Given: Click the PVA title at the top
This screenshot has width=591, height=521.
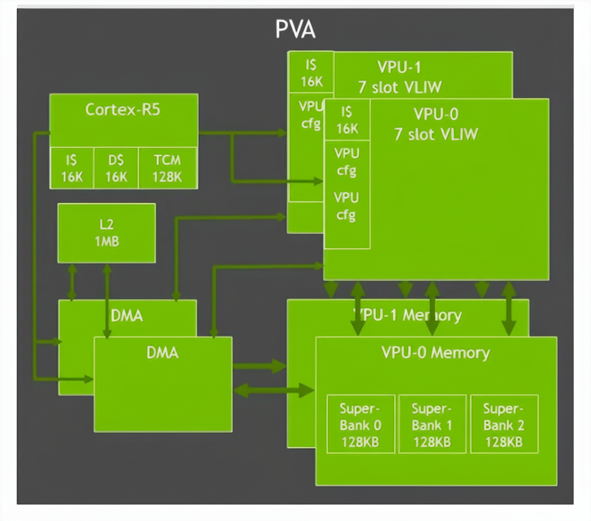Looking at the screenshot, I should (x=295, y=29).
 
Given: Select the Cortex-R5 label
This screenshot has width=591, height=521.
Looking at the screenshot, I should (x=123, y=110).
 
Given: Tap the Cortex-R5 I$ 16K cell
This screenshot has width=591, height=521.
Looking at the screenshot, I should (x=72, y=168).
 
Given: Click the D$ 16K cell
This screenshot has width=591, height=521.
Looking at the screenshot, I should (x=116, y=168).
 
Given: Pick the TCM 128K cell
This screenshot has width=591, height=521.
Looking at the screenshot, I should (x=167, y=168).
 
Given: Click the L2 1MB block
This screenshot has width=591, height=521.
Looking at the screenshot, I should (x=106, y=233).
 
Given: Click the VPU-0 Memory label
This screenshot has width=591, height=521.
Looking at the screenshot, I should (x=436, y=353).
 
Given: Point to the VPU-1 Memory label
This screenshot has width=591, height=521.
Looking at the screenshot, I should (x=407, y=315).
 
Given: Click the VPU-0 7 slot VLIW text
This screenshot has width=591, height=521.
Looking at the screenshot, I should (x=436, y=124).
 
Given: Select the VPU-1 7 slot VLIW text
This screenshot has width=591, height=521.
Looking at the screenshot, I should (x=400, y=77).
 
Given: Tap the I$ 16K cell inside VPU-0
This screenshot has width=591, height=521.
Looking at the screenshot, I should (x=347, y=120).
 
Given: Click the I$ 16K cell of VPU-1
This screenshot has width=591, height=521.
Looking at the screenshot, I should (x=311, y=73).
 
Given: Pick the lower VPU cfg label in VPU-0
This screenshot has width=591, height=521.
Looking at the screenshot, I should (x=347, y=206).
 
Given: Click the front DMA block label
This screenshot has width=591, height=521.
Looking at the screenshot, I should (x=162, y=353).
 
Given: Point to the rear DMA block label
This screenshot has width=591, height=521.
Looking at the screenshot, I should (x=127, y=315).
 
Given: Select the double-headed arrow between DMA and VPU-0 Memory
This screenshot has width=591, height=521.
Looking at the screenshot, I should (x=274, y=390).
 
